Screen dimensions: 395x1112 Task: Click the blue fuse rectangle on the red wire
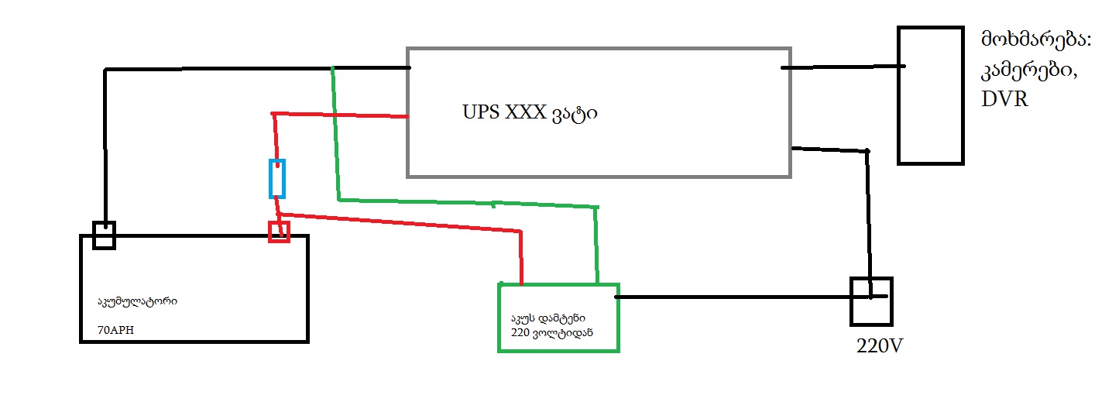click(277, 178)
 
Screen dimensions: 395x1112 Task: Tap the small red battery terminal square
click(279, 232)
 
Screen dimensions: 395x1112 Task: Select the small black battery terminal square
click(104, 235)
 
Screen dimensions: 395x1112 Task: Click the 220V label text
click(880, 345)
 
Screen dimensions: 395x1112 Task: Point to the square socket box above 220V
click(871, 301)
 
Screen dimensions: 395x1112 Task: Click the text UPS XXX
click(499, 113)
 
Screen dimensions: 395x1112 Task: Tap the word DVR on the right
click(1004, 98)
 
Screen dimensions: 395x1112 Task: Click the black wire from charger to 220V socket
click(736, 296)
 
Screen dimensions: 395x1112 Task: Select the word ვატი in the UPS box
click(576, 113)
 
